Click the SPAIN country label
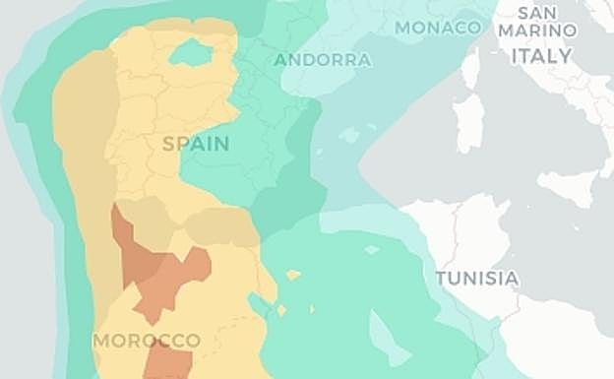coord(196,144)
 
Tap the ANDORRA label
coord(323,60)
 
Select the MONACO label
coord(438,28)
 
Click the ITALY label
coord(541,56)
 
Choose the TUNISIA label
coord(477,279)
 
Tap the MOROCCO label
coord(147,341)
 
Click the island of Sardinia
coord(469,121)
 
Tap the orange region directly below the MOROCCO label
coord(167,364)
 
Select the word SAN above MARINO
coord(537,13)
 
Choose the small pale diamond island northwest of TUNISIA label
coord(371,249)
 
